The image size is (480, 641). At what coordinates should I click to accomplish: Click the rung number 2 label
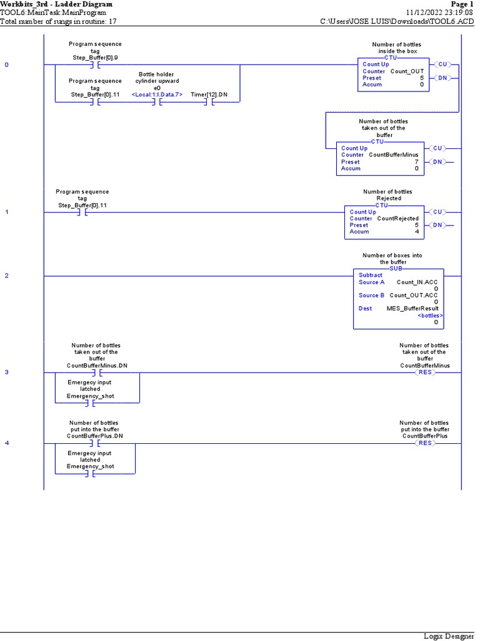7,275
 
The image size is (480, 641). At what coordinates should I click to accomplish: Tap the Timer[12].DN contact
209,103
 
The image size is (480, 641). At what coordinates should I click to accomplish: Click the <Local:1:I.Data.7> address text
157,94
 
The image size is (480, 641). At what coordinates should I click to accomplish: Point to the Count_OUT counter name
407,71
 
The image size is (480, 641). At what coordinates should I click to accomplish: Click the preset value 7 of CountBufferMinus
416,162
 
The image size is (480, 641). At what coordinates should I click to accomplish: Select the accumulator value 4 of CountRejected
416,232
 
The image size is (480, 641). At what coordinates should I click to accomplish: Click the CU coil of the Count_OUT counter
442,64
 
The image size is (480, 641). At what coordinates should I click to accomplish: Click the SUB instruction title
396,268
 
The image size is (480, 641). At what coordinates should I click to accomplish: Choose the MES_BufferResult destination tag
412,309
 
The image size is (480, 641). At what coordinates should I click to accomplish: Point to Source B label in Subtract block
371,295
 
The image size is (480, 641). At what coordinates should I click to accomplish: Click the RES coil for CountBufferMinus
425,372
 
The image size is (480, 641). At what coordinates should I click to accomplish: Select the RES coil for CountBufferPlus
425,443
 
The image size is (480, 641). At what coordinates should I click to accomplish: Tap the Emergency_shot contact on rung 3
90,403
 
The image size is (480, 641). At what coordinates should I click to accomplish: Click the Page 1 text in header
462,4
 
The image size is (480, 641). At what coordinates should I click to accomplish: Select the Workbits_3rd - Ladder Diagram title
56,4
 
